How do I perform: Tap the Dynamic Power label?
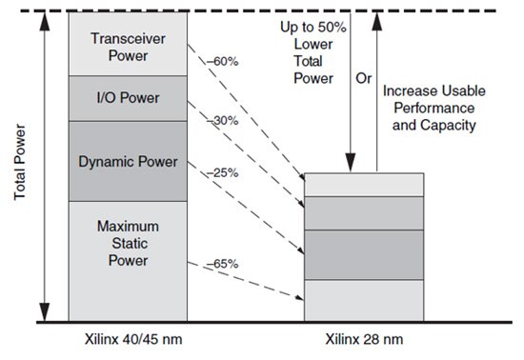tap(127, 161)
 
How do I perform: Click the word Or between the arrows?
tap(362, 78)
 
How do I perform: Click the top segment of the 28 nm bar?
tap(363, 184)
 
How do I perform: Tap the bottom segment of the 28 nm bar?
tap(363, 299)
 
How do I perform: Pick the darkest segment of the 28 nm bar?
tap(363, 254)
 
